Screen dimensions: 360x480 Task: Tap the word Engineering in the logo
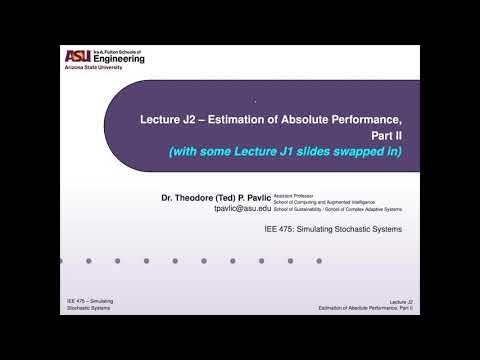pyautogui.click(x=118, y=60)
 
